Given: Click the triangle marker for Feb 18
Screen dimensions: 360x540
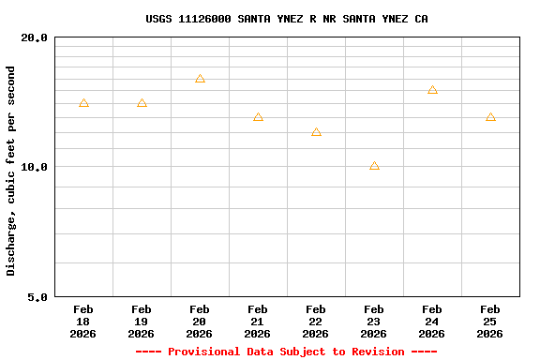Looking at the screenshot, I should coord(83,103).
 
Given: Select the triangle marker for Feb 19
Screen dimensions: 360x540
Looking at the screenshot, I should coord(142,103).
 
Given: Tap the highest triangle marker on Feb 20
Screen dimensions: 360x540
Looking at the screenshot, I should coord(200,79).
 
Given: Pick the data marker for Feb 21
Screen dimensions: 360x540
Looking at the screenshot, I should coord(258,117).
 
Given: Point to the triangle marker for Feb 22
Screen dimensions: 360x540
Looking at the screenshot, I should coord(316,132).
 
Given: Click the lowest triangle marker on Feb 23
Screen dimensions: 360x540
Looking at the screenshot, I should coord(374,166).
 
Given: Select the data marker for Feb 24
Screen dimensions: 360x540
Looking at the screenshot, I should coord(432,90).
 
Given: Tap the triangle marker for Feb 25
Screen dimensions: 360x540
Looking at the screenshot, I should coord(490,117).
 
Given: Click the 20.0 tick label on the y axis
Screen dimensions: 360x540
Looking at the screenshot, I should coord(34,37).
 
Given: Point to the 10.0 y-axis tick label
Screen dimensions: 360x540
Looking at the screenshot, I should coord(34,167).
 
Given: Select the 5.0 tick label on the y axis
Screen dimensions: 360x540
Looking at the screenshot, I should coord(37,297).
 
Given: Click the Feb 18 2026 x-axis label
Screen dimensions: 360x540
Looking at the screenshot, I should coord(83,322).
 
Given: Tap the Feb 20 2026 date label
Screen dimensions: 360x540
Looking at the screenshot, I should coord(200,322).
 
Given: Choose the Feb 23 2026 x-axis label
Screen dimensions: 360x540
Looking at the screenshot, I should coord(374,322).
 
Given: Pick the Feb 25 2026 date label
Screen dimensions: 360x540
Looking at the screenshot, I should coord(490,322).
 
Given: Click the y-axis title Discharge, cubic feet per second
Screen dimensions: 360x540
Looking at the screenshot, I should coord(11,171).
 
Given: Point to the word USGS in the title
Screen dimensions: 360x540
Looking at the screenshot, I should coord(158,19).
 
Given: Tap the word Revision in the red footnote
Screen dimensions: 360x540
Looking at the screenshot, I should coord(378,352).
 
